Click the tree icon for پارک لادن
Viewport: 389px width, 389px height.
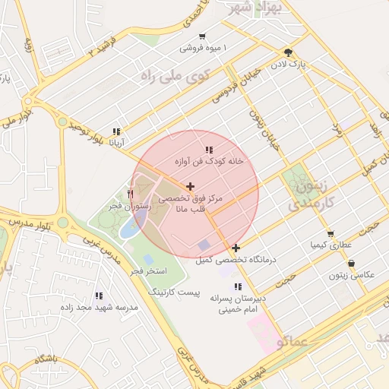(288, 52)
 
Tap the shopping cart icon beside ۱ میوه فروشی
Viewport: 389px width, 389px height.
(201, 36)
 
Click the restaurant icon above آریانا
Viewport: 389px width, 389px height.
(115, 131)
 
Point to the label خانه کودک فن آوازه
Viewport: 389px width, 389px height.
(208, 161)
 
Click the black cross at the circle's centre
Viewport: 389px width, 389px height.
(189, 186)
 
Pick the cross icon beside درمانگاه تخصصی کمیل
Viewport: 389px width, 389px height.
(236, 248)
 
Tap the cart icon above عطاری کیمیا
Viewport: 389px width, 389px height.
(330, 234)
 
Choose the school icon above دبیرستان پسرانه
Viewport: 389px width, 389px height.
(239, 286)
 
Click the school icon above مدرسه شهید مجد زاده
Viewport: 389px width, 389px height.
(99, 295)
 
